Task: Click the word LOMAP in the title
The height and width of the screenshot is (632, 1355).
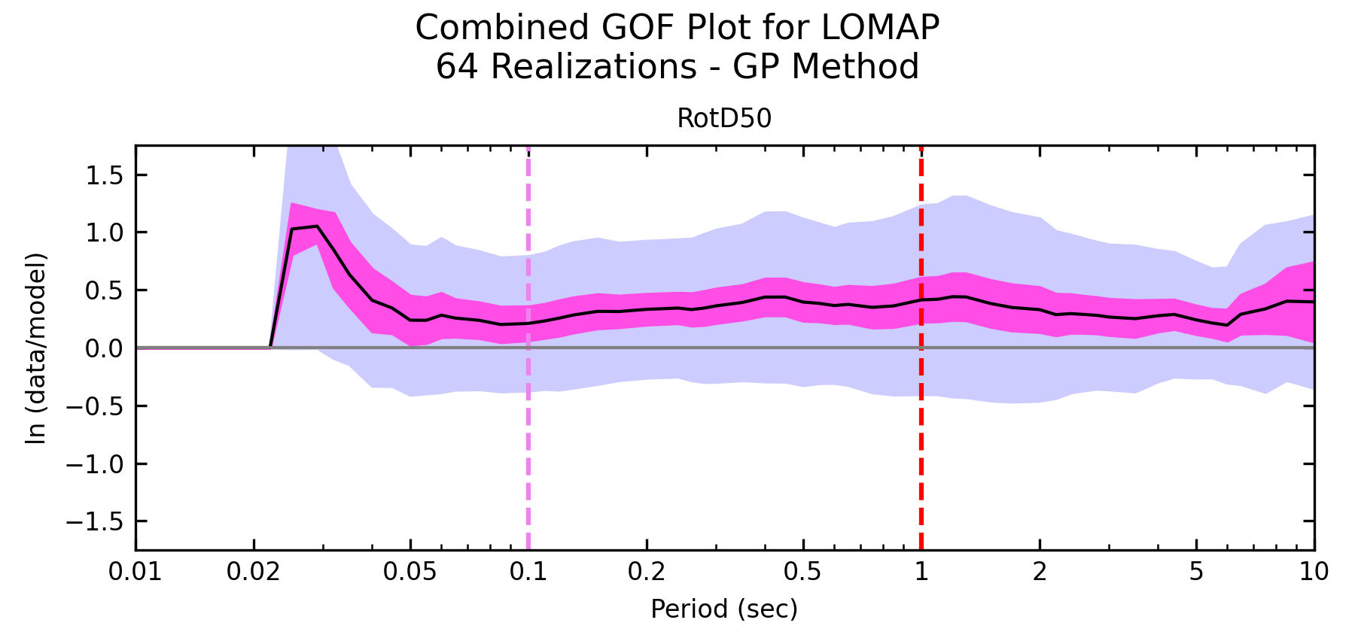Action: tap(880, 28)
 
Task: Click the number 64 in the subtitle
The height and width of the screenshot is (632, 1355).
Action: tap(455, 66)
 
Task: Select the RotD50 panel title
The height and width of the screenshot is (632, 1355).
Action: tap(724, 119)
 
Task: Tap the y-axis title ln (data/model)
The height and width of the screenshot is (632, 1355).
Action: tap(36, 348)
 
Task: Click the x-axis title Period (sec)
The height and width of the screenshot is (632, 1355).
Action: tap(724, 608)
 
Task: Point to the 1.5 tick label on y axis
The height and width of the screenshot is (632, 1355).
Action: tap(103, 175)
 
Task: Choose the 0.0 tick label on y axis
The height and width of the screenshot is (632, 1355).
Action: tap(103, 348)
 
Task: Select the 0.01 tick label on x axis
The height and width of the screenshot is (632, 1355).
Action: tap(135, 572)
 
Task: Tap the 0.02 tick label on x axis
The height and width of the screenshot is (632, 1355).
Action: tap(254, 572)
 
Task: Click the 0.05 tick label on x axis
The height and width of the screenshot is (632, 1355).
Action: tap(410, 572)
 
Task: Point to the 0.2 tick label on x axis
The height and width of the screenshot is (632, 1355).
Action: tap(646, 572)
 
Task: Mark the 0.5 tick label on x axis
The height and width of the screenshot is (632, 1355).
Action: tap(803, 572)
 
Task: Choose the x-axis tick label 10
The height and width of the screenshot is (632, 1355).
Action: tap(1314, 572)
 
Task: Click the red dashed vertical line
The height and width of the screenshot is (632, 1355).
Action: tap(921, 451)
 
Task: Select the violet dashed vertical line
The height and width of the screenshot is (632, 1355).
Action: tap(528, 451)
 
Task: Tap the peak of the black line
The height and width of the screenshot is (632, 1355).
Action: tap(317, 226)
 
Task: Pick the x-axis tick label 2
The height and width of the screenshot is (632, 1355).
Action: tap(1040, 572)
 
